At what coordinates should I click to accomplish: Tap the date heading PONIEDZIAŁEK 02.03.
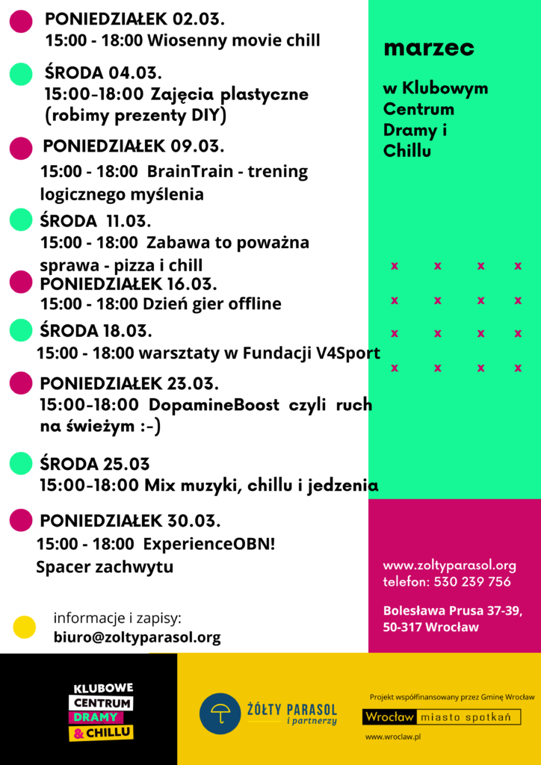point(135,19)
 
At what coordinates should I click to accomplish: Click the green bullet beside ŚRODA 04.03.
point(21,74)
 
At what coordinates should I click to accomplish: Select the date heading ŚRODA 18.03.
point(96,330)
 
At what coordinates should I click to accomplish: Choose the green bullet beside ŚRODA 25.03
point(21,463)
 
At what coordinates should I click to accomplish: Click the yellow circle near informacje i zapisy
point(25,627)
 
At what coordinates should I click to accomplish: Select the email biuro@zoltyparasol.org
point(137,637)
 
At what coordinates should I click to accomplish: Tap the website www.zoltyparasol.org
point(449,566)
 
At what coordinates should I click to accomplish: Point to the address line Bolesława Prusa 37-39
point(452,610)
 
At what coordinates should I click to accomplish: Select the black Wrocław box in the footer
point(389,717)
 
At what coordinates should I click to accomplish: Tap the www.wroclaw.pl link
point(394,737)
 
